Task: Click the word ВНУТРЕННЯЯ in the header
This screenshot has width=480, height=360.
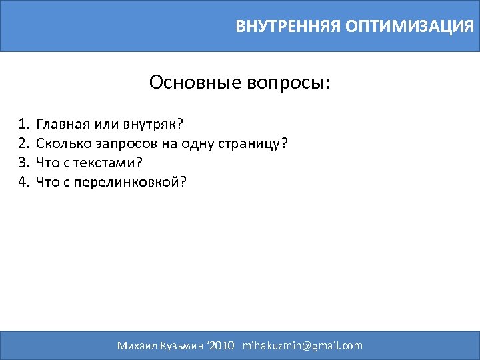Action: tap(288, 27)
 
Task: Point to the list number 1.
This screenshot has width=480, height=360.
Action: tap(25, 124)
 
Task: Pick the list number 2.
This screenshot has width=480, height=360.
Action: tap(25, 143)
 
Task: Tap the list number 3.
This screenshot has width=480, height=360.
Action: tap(25, 163)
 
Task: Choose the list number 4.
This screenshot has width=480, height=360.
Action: tap(25, 182)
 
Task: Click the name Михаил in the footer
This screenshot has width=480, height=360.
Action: tap(135, 345)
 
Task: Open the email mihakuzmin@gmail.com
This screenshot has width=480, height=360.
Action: tap(303, 345)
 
